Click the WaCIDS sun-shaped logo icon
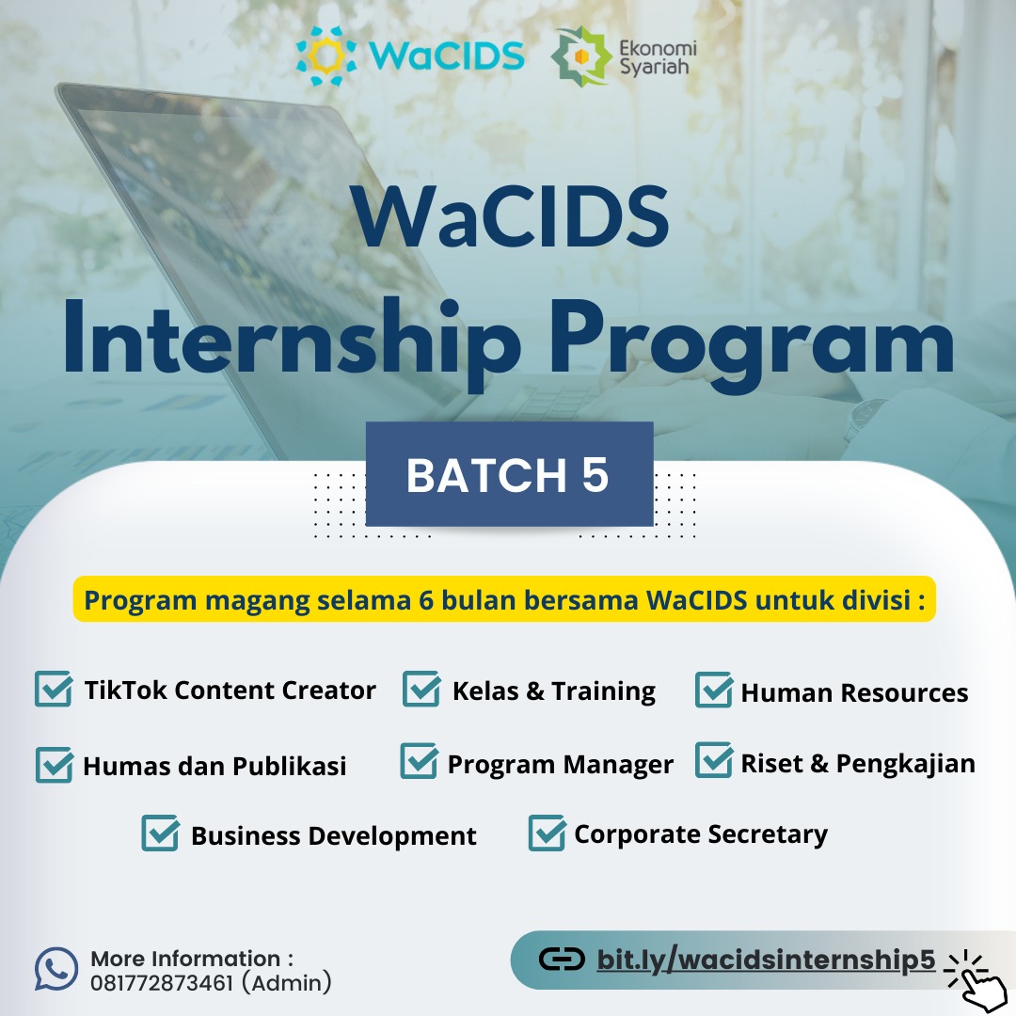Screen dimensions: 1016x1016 325,56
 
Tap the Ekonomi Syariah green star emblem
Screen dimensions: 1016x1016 581,56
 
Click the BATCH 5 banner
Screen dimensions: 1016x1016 509,474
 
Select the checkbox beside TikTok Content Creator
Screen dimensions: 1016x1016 54,689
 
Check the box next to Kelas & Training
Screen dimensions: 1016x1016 421,689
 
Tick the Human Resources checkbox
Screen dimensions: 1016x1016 714,691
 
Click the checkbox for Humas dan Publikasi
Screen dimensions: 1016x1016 55,765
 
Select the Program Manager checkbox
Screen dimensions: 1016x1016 420,761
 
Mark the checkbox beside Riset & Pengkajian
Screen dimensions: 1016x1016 714,760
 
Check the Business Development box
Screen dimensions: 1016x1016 161,833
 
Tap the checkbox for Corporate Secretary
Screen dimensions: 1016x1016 548,833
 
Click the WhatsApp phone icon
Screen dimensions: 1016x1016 56,969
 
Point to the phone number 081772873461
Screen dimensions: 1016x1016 162,983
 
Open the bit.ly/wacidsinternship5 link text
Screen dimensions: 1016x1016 766,960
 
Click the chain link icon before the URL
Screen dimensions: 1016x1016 562,960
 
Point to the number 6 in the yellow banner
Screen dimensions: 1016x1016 426,600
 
